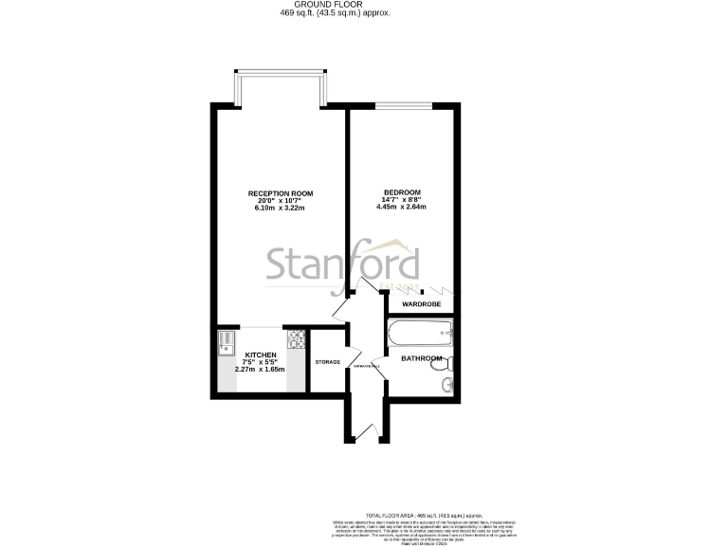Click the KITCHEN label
(233, 355)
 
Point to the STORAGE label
(327, 361)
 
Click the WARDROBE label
(421, 304)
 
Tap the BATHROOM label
(420, 358)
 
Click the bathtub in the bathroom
(421, 333)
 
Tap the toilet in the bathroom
(449, 362)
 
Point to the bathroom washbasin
(446, 385)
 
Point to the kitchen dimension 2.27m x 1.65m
(233, 369)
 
